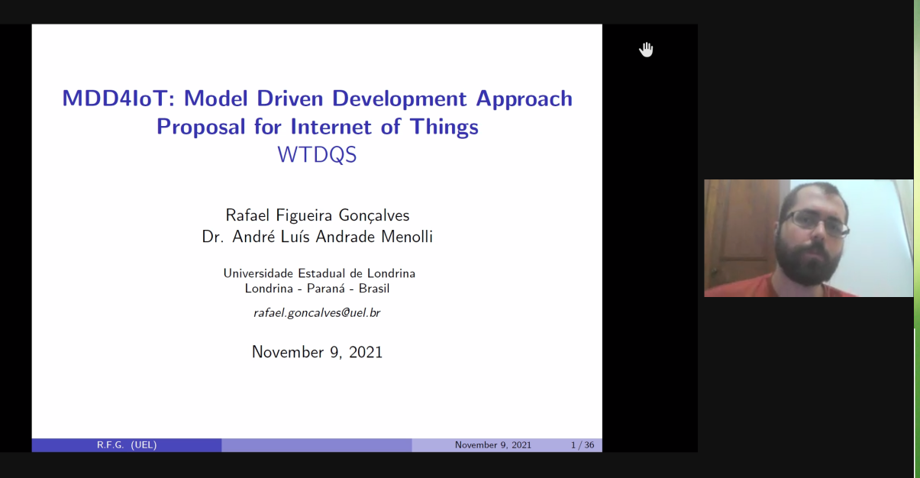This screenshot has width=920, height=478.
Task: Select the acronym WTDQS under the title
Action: coord(317,155)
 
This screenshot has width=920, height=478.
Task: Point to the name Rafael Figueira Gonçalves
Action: coord(318,215)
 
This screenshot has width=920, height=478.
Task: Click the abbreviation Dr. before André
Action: coord(213,237)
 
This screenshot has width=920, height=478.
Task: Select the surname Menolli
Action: coord(407,237)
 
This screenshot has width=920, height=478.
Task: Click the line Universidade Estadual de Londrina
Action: coord(319,273)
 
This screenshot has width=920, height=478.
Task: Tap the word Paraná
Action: coord(326,289)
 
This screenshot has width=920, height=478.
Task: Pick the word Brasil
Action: coord(374,289)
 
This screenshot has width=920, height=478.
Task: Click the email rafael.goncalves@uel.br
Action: coord(317,313)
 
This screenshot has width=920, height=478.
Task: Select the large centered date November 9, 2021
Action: coord(317,352)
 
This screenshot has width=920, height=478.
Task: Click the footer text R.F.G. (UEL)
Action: coord(127,445)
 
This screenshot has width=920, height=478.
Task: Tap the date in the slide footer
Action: coord(493,445)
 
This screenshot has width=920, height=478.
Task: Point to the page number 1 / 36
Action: coord(583,445)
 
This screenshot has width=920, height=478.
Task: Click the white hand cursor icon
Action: coord(646,50)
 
